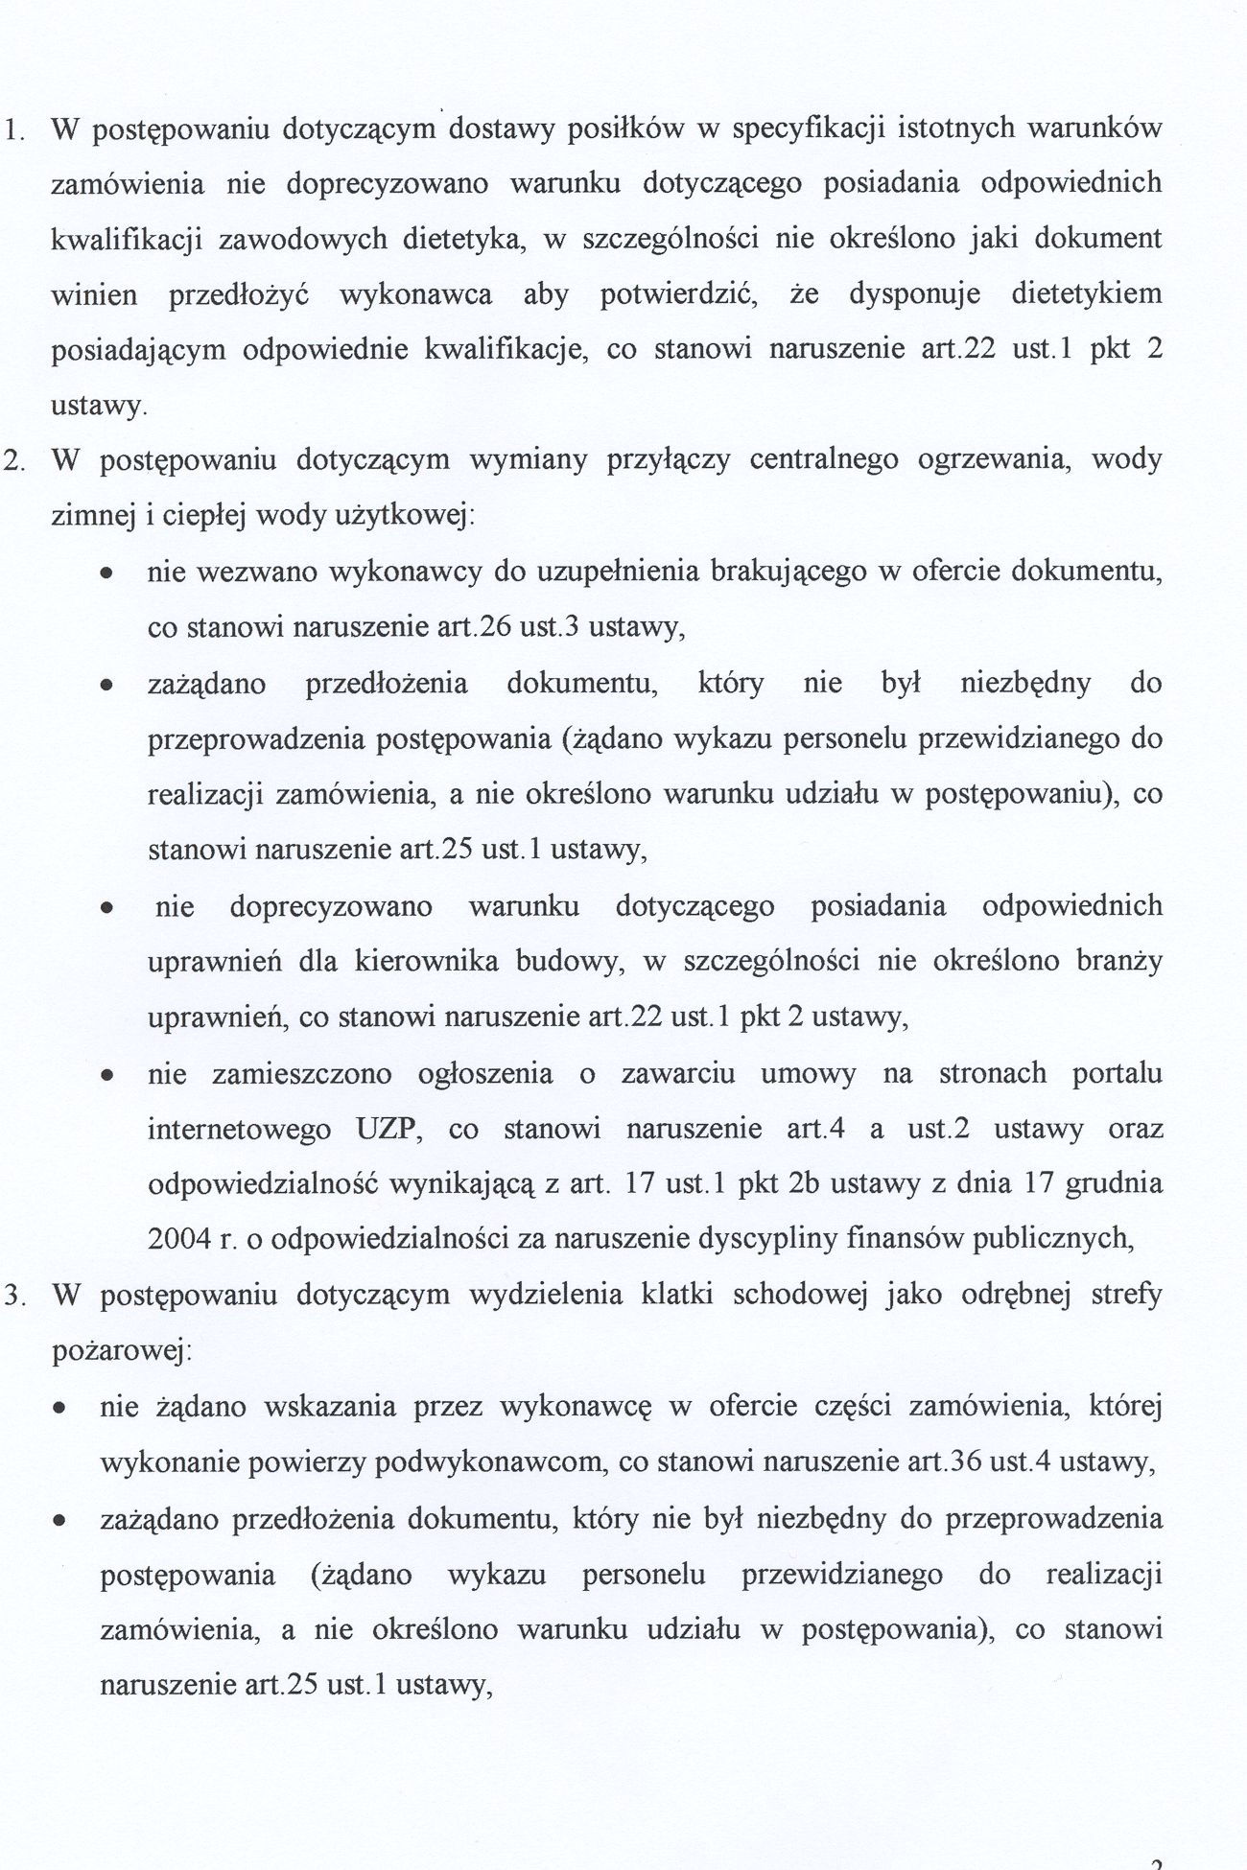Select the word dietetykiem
(x=1086, y=293)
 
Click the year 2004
(x=179, y=1239)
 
